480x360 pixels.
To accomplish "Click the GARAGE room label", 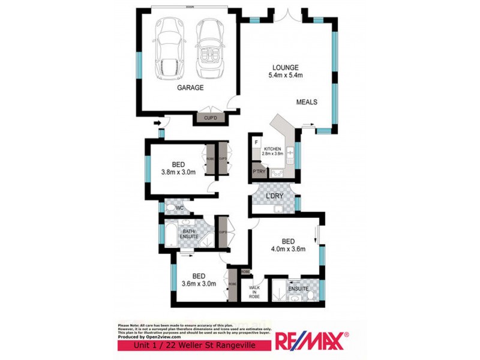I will pos(190,88).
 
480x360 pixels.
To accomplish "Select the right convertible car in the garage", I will pos(209,47).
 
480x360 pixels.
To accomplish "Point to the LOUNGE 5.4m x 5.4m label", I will pos(286,71).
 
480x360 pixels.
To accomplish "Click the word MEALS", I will pos(307,102).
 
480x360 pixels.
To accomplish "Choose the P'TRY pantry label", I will pos(259,172).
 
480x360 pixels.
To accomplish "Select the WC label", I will pos(179,208).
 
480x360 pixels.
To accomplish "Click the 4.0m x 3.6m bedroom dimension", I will pos(289,249).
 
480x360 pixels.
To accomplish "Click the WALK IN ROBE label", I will pos(256,292).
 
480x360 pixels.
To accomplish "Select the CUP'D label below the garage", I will pos(210,118).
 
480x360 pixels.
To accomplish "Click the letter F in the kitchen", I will pos(256,142).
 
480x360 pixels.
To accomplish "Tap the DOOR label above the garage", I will pos(190,7).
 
